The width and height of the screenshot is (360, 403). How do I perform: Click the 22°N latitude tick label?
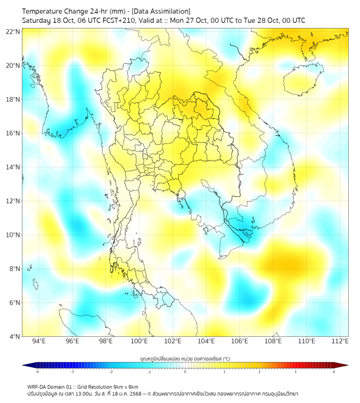click(x=13, y=32)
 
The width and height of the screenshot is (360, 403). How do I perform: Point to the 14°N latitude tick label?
click(x=13, y=167)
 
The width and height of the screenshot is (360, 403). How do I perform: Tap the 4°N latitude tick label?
click(x=14, y=336)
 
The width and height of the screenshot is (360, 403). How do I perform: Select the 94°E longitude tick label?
click(x=39, y=341)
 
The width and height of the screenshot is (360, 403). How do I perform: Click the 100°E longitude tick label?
click(x=140, y=341)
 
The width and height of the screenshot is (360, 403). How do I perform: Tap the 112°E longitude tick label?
click(x=341, y=341)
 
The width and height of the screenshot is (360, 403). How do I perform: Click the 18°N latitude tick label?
click(x=13, y=100)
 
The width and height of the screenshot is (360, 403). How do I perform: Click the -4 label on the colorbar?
click(x=36, y=372)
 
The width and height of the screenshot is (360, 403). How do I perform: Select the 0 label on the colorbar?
click(x=185, y=372)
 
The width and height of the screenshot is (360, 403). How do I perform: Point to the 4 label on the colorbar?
click(x=334, y=372)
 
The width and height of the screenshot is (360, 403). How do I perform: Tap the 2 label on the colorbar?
click(x=260, y=372)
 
